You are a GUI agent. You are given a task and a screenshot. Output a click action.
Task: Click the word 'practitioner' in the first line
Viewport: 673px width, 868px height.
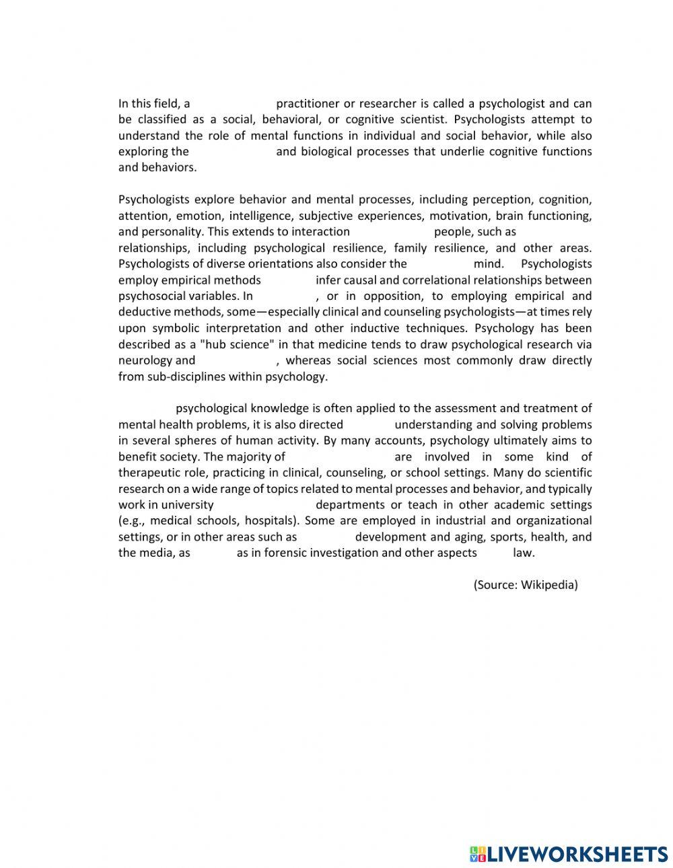[306, 104]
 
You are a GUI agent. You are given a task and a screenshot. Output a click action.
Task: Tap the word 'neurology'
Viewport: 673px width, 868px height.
[145, 360]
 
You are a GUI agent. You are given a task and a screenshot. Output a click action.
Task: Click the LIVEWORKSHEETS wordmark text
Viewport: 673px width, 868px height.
[577, 854]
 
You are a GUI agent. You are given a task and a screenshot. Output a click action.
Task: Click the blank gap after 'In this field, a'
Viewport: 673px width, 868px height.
[233, 104]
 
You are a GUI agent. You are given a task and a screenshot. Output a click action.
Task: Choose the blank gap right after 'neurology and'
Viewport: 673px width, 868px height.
[236, 360]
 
